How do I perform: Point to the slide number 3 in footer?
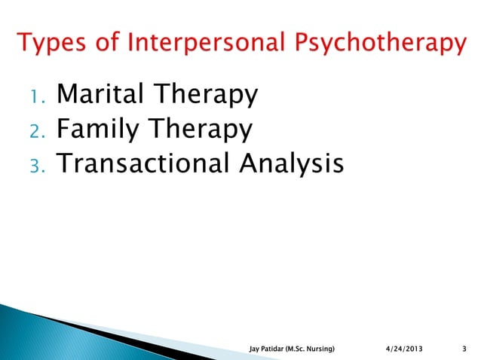(x=461, y=348)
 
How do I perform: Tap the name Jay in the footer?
(x=255, y=348)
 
